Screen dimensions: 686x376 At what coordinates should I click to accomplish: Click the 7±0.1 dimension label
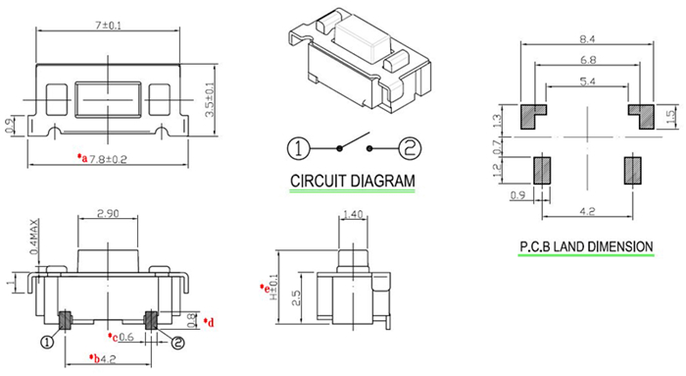pos(109,26)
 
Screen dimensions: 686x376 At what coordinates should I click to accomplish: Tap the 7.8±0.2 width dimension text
pos(108,159)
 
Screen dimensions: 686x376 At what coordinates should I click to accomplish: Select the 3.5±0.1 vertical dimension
pos(210,100)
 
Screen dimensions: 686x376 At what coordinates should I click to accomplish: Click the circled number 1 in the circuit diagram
pos(298,148)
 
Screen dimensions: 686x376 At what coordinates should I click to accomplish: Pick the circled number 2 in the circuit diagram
pos(410,148)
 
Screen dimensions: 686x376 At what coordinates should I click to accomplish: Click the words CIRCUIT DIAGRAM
pos(353,181)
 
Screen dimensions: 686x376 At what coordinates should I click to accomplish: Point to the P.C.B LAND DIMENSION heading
pos(586,246)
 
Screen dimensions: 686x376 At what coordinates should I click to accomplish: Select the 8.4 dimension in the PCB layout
pos(587,39)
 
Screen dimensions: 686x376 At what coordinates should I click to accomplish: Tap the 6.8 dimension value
pos(588,60)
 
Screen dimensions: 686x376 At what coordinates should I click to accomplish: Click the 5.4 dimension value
pos(587,81)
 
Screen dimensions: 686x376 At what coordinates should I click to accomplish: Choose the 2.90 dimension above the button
pos(108,213)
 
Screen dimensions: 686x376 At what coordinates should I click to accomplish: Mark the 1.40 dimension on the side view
pos(353,214)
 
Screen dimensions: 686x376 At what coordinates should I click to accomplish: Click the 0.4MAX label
pos(34,237)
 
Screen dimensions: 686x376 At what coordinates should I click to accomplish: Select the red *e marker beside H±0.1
pos(265,289)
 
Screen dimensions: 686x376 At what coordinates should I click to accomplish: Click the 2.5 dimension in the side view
pos(296,298)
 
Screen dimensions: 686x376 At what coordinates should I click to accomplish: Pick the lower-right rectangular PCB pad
pos(632,171)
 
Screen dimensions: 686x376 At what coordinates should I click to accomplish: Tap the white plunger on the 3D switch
pos(363,40)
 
